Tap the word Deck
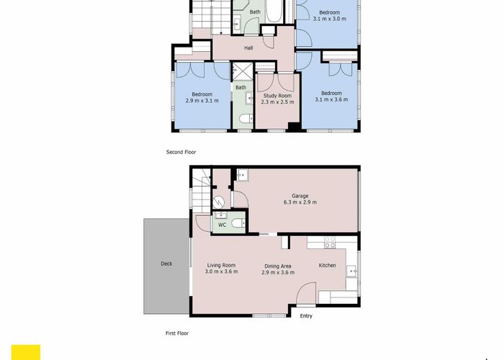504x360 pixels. pos(166,264)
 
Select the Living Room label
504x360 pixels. pos(221,264)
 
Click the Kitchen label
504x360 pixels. pos(328,266)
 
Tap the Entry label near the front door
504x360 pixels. pos(306,316)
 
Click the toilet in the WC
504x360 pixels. pos(241,224)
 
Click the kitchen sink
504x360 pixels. pos(351,271)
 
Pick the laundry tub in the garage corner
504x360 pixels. pos(243,175)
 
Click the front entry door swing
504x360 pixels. pos(306,295)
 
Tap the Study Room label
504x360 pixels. pos(277,95)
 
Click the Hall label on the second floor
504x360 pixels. pos(248,48)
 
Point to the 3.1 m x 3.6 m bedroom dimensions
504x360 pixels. pos(331,100)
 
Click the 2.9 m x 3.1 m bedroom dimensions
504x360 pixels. pos(202,101)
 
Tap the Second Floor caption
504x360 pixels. pos(181,152)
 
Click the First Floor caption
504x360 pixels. pos(177,333)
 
